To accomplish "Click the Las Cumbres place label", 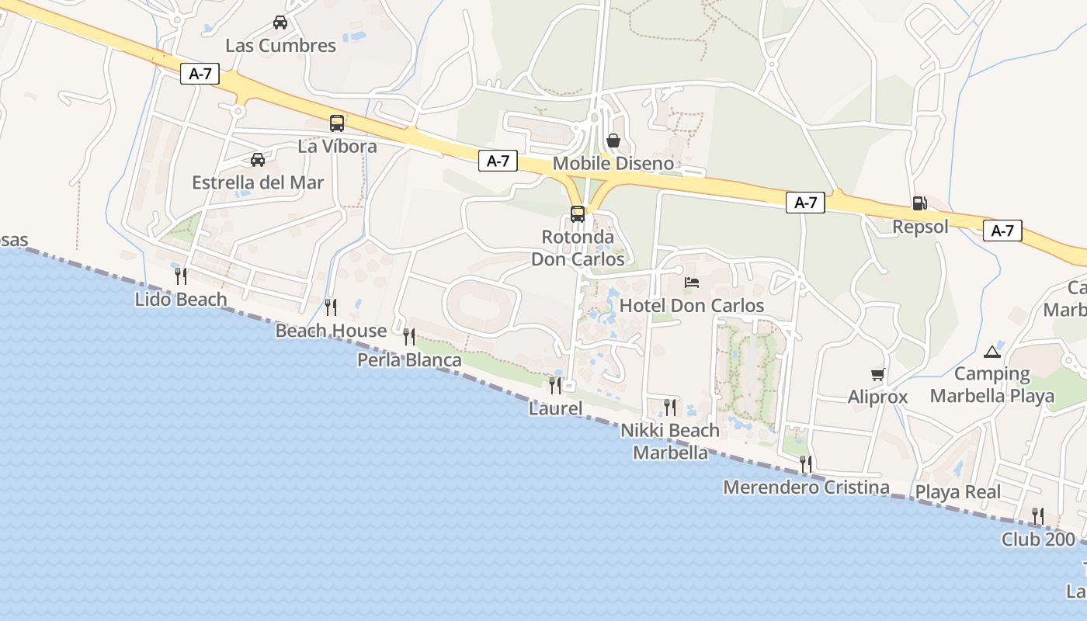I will pyautogui.click(x=280, y=46).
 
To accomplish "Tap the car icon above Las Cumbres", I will pyautogui.click(x=280, y=23).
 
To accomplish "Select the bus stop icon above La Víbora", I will pyautogui.click(x=337, y=123).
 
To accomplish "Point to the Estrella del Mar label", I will pyautogui.click(x=258, y=183).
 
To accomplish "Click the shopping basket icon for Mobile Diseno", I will pyautogui.click(x=613, y=141).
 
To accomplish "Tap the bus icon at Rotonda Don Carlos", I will pyautogui.click(x=578, y=214).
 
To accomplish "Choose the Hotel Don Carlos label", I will pyautogui.click(x=692, y=306).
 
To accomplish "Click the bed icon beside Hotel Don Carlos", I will pyautogui.click(x=692, y=283).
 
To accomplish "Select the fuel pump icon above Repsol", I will pyautogui.click(x=919, y=203).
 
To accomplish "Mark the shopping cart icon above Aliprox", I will pyautogui.click(x=878, y=375).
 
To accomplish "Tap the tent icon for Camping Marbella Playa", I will pyautogui.click(x=991, y=352).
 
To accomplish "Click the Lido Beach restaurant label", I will pyautogui.click(x=181, y=300).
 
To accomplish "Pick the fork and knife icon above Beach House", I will pyautogui.click(x=331, y=307).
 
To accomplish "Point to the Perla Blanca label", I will pyautogui.click(x=409, y=360).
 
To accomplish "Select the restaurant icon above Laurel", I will pyautogui.click(x=555, y=385).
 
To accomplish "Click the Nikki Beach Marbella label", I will pyautogui.click(x=671, y=441).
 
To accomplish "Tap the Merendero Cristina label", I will pyautogui.click(x=806, y=487).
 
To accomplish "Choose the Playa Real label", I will pyautogui.click(x=958, y=492).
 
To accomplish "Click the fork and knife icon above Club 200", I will pyautogui.click(x=1037, y=515).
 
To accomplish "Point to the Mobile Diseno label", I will pyautogui.click(x=613, y=165).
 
